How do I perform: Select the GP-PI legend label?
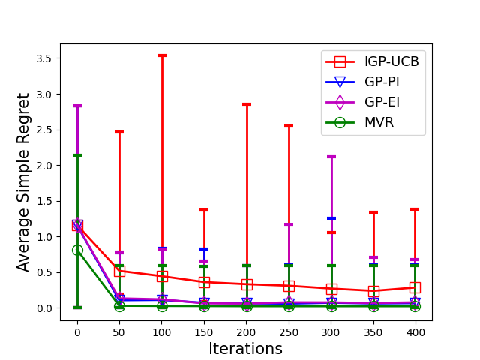point(382,81)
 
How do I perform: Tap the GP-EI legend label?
point(382,101)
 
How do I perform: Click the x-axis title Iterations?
point(246,349)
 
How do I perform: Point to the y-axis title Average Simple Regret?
point(24,182)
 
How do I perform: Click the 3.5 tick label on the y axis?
point(45,58)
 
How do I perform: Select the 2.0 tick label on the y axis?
point(45,166)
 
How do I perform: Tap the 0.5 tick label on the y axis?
point(45,272)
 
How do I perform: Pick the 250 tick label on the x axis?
point(289,330)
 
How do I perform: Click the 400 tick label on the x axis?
point(415,330)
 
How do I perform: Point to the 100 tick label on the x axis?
point(162,330)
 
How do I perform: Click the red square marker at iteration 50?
point(119,271)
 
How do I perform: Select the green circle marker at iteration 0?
point(77,250)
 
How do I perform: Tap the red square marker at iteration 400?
point(415,287)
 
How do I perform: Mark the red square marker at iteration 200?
point(247,284)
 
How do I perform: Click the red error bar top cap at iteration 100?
point(162,55)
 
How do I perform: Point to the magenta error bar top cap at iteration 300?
point(331,157)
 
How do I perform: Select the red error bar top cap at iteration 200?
point(247,104)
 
